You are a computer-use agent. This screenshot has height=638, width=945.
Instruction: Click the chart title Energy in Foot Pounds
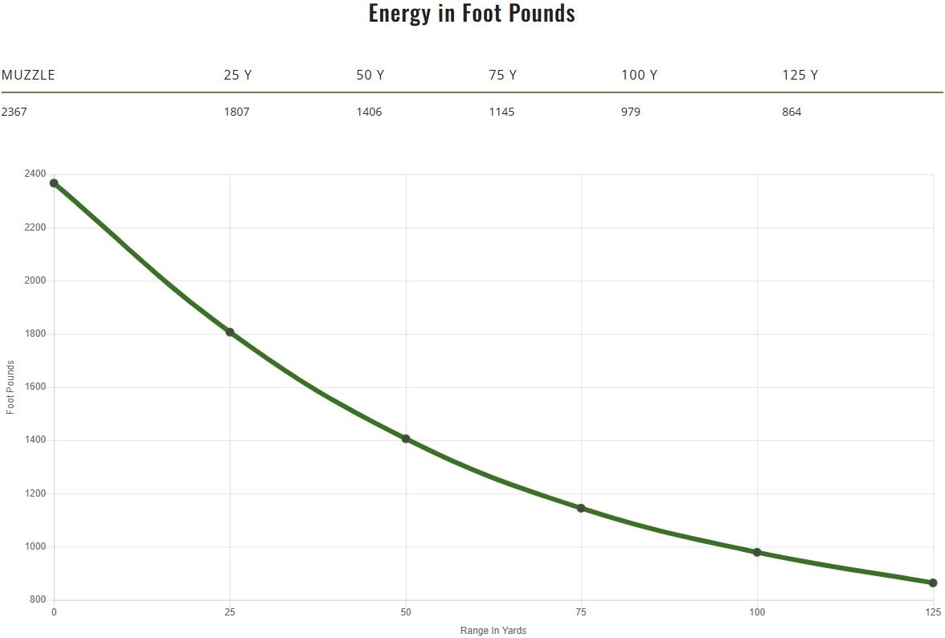click(472, 14)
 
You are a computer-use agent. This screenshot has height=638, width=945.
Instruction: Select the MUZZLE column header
click(28, 76)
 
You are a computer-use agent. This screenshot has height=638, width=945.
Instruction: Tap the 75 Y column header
click(502, 76)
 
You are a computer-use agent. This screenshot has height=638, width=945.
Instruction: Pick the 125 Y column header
click(800, 76)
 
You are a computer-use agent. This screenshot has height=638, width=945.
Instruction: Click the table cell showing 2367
click(14, 112)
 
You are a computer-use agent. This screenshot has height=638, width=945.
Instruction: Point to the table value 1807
click(236, 112)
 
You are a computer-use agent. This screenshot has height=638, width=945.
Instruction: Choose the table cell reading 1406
click(369, 112)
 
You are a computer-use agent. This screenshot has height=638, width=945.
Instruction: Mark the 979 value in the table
click(631, 112)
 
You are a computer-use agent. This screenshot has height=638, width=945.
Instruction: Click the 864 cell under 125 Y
click(792, 112)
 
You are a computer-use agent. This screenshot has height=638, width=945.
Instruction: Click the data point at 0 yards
click(54, 183)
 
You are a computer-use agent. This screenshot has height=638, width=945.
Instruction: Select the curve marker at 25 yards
click(230, 332)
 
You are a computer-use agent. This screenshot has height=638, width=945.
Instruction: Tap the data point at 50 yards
click(406, 439)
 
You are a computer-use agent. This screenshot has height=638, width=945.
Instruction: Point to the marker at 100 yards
click(757, 552)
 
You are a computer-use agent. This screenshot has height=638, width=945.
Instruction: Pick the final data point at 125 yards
click(933, 583)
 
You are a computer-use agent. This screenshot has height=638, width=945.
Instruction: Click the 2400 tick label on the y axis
click(35, 174)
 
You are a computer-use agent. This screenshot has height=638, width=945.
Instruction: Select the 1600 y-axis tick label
click(35, 387)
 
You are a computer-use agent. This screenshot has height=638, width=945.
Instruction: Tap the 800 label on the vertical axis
click(38, 600)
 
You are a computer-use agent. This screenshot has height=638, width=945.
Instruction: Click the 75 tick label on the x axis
click(581, 612)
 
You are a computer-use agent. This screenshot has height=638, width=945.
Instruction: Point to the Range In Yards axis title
click(493, 631)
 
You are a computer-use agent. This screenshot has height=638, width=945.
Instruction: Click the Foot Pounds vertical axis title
click(10, 387)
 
